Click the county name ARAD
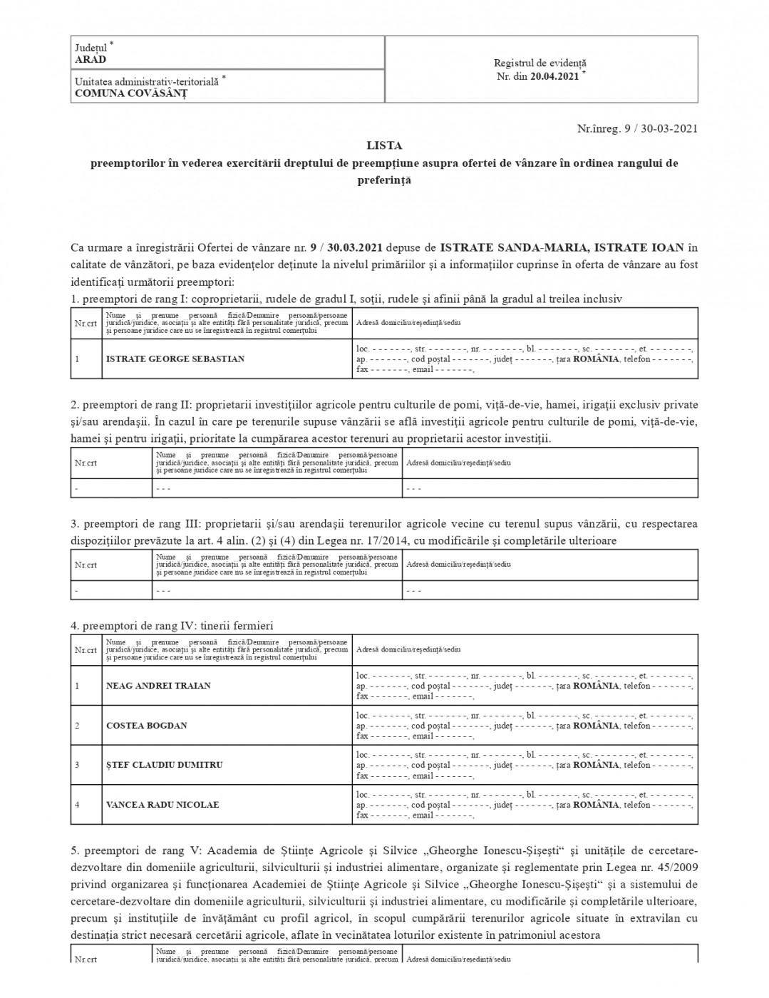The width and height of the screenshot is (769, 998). tap(91, 60)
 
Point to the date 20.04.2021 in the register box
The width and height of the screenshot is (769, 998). tap(554, 77)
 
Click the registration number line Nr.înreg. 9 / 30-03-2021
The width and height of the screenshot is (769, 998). tap(636, 129)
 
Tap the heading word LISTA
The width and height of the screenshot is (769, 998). tap(384, 145)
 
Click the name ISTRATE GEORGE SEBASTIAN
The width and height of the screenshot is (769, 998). tap(175, 359)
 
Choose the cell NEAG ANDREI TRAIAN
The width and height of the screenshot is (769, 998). tap(158, 686)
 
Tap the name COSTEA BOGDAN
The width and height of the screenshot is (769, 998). tap(146, 726)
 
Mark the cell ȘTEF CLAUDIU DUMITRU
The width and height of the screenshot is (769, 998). tap(164, 765)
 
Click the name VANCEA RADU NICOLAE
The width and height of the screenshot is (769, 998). tap(162, 805)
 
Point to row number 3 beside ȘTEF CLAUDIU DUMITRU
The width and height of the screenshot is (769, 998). tap(77, 765)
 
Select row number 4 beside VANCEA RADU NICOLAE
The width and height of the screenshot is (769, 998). tap(77, 805)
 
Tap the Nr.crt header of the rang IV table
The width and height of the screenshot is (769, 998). tap(86, 650)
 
